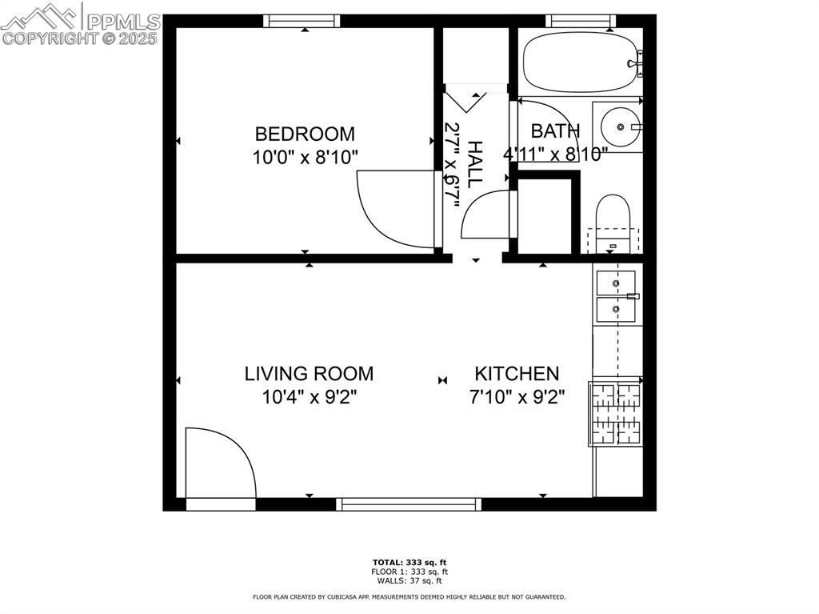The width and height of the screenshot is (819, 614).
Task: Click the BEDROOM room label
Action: click(305, 134)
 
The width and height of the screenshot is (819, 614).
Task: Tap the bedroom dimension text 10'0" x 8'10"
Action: click(305, 158)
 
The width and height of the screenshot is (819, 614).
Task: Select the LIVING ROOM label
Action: click(309, 373)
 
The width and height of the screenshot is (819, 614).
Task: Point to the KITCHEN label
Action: click(517, 373)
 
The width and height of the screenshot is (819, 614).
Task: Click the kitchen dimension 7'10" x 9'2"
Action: click(517, 397)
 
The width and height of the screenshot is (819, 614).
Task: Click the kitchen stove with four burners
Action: click(616, 413)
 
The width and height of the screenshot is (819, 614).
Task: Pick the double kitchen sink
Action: click(616, 296)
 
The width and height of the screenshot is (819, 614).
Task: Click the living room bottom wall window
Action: click(409, 504)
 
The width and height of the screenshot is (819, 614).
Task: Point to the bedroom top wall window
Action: click(302, 21)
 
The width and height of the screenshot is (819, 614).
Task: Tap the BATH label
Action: click(555, 130)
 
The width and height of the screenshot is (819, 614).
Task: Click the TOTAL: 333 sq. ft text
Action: click(409, 562)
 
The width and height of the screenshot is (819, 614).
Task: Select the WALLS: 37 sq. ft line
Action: click(409, 580)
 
